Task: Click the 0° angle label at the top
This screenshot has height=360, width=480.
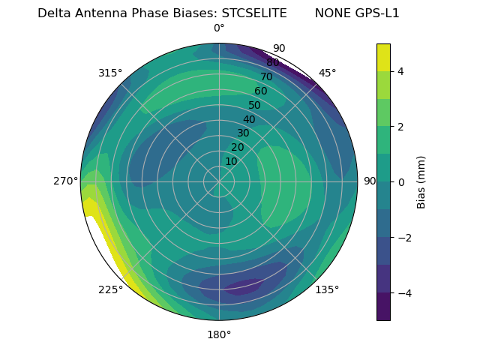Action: (x=219, y=28)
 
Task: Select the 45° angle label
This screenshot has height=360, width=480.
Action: (x=327, y=73)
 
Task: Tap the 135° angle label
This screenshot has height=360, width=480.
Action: (x=327, y=289)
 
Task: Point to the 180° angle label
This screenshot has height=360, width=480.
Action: (x=219, y=334)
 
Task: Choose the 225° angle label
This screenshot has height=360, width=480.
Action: (x=110, y=290)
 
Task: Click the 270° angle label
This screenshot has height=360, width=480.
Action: (x=65, y=181)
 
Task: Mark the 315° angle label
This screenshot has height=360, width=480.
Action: (x=110, y=73)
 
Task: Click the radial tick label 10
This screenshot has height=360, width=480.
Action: (x=231, y=161)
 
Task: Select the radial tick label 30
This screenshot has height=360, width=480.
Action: (x=243, y=133)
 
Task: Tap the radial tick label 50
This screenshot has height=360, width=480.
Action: (x=255, y=106)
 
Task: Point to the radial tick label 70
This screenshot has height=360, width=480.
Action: (x=266, y=76)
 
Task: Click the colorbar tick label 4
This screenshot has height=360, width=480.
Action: (x=401, y=71)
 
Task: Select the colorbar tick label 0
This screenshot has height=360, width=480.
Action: (x=401, y=182)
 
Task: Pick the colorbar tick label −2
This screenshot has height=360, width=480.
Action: (x=404, y=238)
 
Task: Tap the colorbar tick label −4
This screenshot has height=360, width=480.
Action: (x=404, y=293)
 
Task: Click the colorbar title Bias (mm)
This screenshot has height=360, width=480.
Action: (x=421, y=181)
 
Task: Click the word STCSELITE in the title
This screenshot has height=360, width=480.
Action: (x=254, y=13)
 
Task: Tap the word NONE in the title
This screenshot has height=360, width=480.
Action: (x=331, y=13)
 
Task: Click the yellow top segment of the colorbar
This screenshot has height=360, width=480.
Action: (x=383, y=57)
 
